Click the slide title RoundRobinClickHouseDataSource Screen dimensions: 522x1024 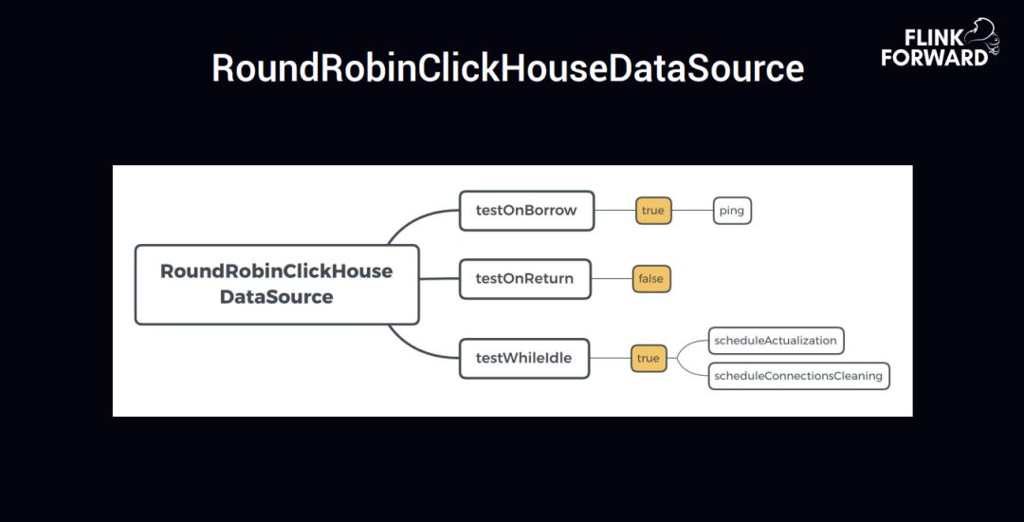tap(507, 69)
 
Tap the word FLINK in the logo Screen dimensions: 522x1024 tap(934, 38)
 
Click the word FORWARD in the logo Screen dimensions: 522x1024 tap(934, 58)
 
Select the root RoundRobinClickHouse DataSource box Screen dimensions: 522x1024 tap(277, 284)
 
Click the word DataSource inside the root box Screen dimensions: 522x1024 tap(277, 297)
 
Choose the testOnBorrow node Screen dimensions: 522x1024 tap(526, 211)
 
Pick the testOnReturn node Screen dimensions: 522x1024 tap(524, 279)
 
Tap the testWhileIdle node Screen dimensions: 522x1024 tap(523, 359)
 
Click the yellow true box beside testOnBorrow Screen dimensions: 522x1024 tap(653, 211)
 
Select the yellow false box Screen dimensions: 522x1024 tap(651, 279)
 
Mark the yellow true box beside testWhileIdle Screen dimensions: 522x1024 tap(649, 359)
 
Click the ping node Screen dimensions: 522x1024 tap(732, 211)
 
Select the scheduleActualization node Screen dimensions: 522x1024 tap(776, 341)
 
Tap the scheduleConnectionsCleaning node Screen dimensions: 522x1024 tap(798, 376)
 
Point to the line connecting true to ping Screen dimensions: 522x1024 tap(692, 211)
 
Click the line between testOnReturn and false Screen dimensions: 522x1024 tap(612, 279)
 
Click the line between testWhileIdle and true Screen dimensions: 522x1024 tap(610, 359)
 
